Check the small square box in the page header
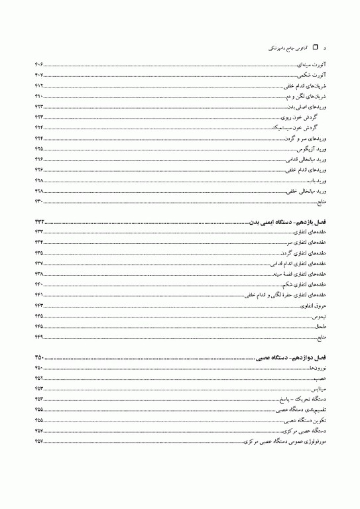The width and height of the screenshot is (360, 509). point(315,48)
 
